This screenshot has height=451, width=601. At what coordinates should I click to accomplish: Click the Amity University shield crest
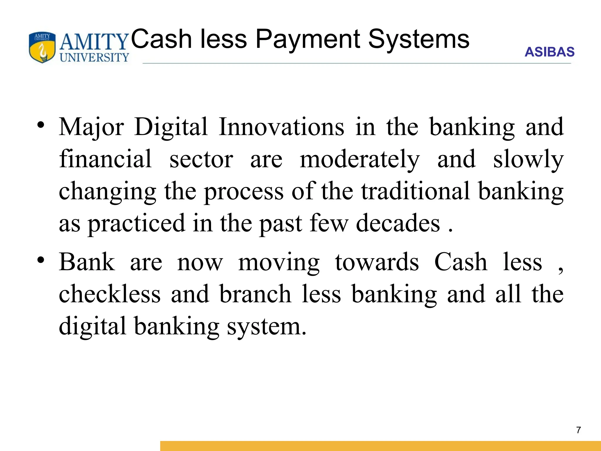[42, 47]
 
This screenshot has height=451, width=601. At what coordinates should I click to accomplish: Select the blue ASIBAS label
[549, 52]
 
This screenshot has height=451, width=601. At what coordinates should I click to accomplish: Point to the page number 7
[578, 430]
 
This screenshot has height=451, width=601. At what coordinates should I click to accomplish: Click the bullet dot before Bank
[41, 260]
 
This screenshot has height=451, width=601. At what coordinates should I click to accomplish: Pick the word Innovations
[281, 127]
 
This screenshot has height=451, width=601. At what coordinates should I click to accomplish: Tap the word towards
[377, 262]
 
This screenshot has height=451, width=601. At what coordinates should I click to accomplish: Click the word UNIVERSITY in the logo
[94, 58]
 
